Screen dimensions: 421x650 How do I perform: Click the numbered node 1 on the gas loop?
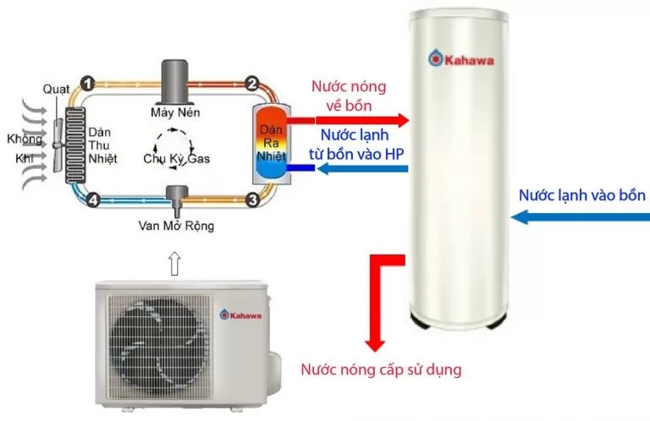tap(87, 83)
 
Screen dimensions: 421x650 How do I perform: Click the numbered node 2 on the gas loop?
tap(251, 83)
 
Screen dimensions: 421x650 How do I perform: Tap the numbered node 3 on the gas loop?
tap(251, 200)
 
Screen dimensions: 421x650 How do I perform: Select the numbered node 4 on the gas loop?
tap(93, 200)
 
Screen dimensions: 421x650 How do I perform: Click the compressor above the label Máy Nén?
tap(176, 79)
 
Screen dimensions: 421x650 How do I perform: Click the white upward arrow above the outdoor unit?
tap(175, 263)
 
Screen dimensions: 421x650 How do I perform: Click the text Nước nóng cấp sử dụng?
tap(383, 370)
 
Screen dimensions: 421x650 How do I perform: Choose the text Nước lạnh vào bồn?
tap(582, 195)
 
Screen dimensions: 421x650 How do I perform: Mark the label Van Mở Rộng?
tap(176, 227)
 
